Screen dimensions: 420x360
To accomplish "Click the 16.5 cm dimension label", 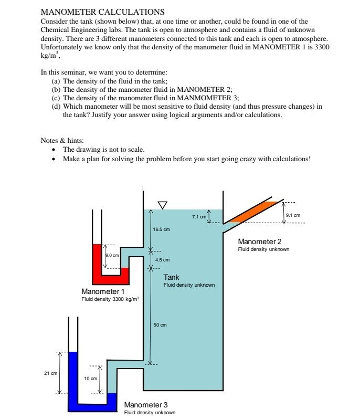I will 161,229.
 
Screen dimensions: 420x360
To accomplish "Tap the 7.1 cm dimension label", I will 199,216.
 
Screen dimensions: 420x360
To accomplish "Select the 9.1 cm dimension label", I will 293,215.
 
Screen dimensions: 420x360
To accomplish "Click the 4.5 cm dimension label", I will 163,260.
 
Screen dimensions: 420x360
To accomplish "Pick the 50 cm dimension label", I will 160,325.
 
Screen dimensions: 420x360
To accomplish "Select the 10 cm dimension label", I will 90,378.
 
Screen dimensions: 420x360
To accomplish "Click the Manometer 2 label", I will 260,241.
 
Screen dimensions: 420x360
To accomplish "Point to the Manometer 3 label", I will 146,405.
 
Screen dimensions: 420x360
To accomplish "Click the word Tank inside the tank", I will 171,277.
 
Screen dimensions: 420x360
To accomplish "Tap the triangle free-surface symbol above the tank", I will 162,204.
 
